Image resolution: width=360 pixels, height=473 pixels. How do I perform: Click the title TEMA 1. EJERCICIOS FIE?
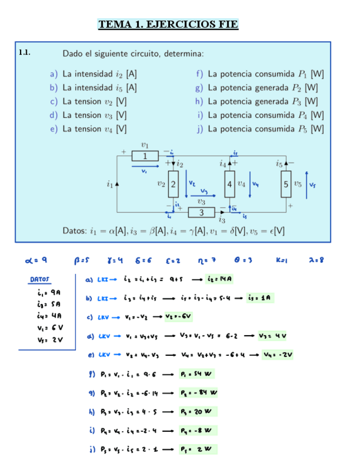(168, 24)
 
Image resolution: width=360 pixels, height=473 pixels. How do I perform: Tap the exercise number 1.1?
(24, 53)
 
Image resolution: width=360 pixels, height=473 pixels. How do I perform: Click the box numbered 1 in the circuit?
(145, 156)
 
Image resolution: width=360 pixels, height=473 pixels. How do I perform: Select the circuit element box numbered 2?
(173, 184)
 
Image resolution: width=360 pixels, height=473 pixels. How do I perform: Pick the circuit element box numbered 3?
(201, 213)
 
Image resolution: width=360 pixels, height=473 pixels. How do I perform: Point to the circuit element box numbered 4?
(229, 184)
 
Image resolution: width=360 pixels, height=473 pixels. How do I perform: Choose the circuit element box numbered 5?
(285, 184)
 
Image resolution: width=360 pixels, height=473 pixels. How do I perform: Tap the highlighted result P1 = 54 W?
(198, 374)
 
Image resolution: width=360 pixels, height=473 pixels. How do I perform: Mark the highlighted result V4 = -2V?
(277, 354)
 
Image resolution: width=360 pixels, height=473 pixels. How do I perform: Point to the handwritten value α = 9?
(36, 259)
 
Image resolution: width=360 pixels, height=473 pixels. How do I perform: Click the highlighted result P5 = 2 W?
(198, 449)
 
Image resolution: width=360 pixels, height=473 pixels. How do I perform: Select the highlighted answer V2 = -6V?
(179, 316)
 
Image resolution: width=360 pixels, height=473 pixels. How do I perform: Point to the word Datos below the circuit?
(74, 230)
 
